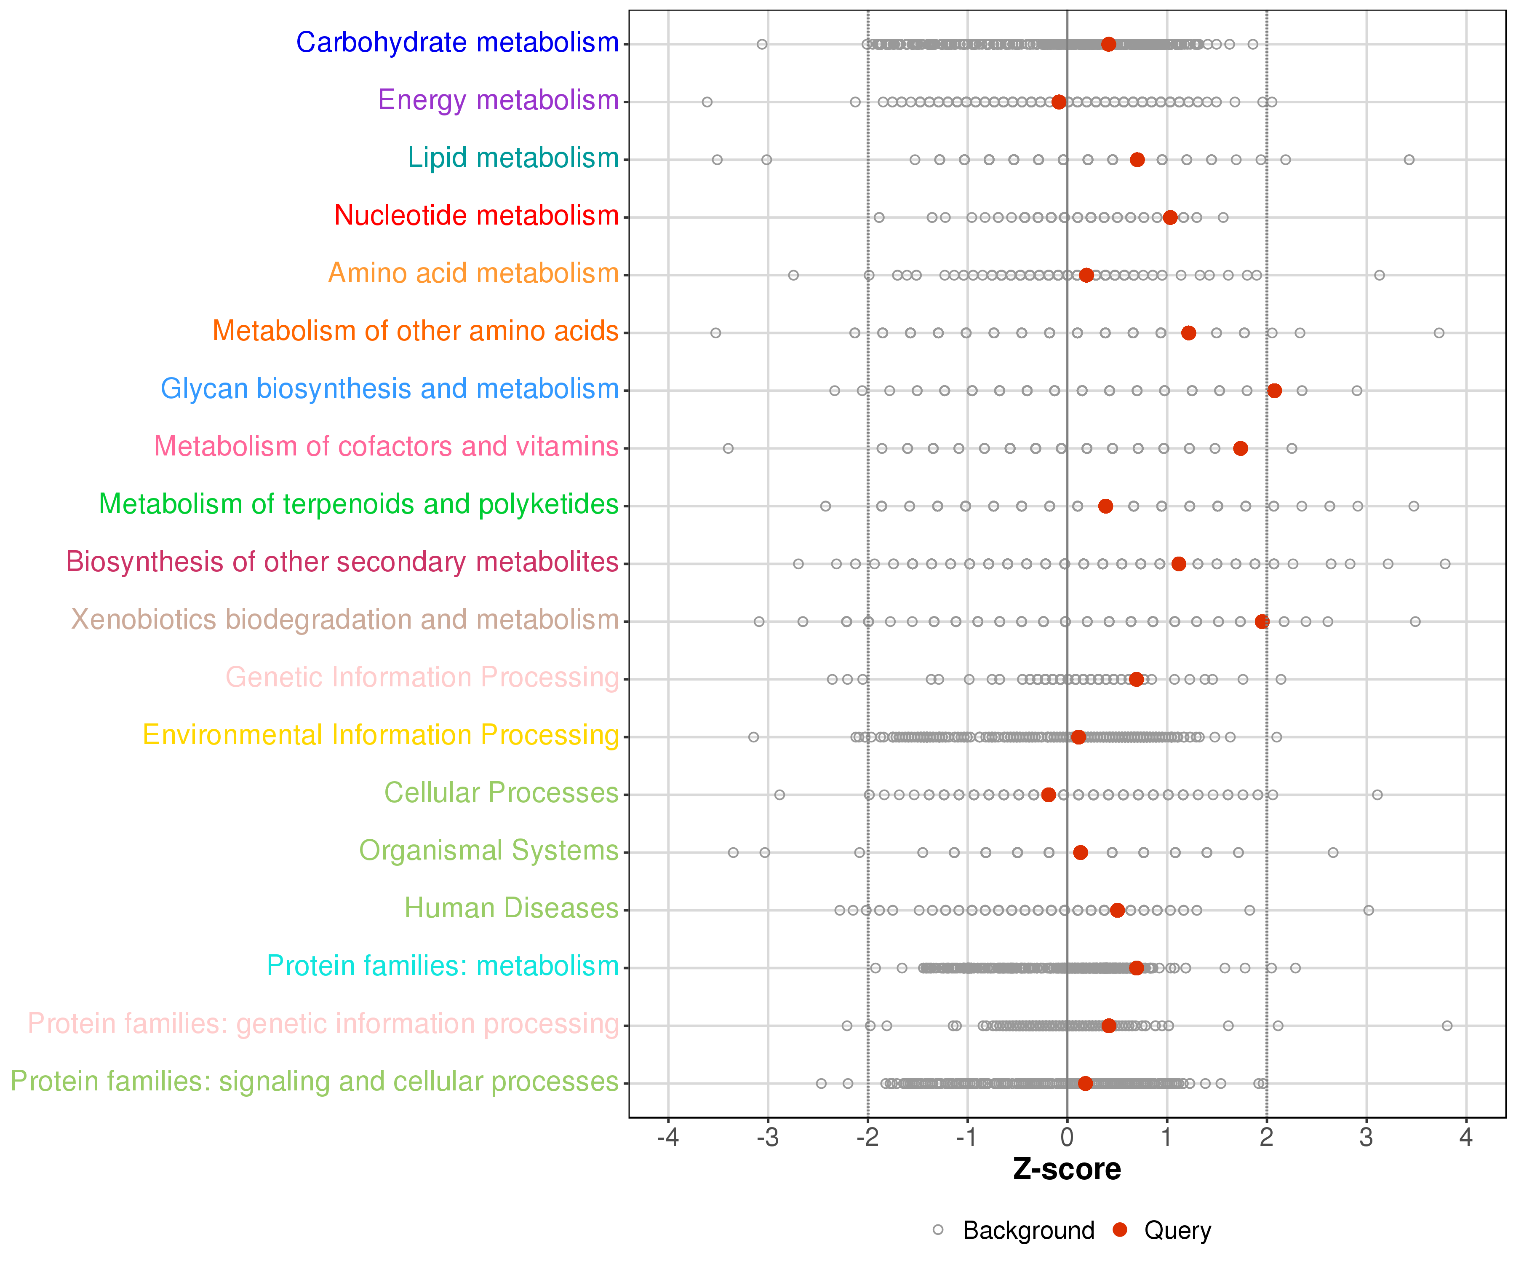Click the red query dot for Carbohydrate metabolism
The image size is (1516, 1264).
pyautogui.click(x=1108, y=44)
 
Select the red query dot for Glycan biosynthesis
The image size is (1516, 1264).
pyautogui.click(x=1274, y=391)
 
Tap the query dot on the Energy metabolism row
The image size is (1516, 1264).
pyautogui.click(x=1058, y=102)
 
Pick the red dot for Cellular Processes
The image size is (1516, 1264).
pyautogui.click(x=1048, y=795)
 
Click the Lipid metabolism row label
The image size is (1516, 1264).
pyautogui.click(x=513, y=158)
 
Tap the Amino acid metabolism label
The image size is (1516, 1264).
pyautogui.click(x=474, y=273)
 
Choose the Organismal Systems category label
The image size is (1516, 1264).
pyautogui.click(x=489, y=851)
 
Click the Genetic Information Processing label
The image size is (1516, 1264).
pyautogui.click(x=422, y=678)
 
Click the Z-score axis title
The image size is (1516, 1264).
pyautogui.click(x=1067, y=1169)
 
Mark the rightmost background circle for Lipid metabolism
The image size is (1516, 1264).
pyautogui.click(x=1409, y=160)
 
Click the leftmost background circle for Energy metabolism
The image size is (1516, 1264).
pyautogui.click(x=707, y=102)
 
